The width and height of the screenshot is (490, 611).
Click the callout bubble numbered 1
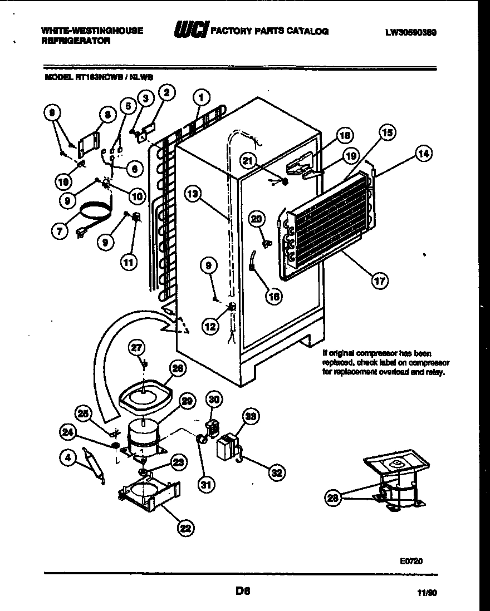(x=201, y=98)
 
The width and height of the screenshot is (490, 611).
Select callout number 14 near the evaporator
(x=424, y=154)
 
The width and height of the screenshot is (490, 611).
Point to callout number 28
(x=333, y=499)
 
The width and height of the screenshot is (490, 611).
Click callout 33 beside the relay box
(x=251, y=416)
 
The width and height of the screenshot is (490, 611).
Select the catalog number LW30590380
(x=410, y=32)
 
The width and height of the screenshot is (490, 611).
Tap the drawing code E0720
(x=411, y=561)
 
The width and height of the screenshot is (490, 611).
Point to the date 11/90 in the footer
(x=426, y=594)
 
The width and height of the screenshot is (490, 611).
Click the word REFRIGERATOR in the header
(x=75, y=41)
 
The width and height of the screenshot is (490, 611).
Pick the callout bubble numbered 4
(x=67, y=459)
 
